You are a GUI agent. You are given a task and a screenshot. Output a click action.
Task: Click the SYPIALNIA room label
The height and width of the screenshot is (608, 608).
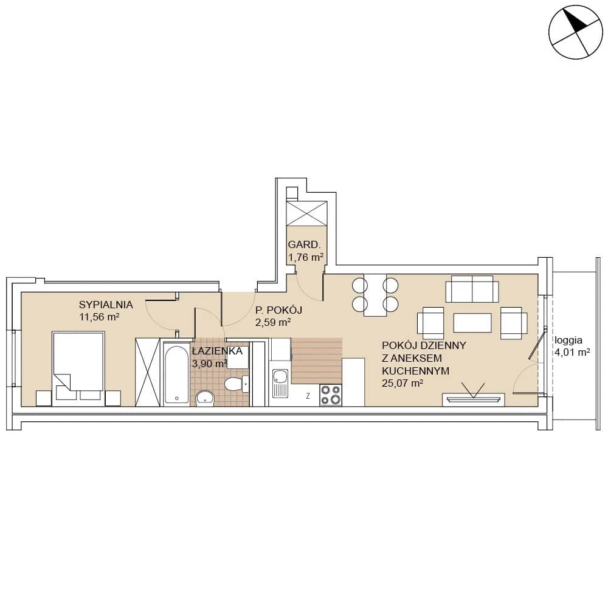106,305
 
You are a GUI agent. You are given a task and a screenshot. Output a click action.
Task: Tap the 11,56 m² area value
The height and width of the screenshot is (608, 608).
99,317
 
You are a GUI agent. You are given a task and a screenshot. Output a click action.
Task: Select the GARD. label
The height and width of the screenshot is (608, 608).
305,244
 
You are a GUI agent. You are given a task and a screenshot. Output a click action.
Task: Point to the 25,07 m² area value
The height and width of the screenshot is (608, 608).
402,384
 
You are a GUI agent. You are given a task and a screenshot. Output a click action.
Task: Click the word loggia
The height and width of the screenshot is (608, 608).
568,340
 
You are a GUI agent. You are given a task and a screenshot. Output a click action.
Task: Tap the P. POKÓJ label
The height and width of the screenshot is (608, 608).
278,310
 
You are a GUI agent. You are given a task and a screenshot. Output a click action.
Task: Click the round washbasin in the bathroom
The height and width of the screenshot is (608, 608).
205,398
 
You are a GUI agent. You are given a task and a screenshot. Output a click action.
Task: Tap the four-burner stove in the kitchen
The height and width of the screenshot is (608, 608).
331,395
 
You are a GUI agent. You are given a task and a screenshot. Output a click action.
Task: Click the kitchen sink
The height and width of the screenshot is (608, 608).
280,383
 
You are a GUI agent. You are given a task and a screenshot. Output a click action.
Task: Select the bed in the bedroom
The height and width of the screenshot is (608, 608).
78,369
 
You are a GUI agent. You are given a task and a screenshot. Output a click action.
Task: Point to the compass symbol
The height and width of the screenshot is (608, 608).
576,32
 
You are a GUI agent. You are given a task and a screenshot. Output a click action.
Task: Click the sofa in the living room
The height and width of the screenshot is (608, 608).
472,289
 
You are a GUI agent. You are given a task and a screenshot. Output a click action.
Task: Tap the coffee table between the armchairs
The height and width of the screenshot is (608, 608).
472,323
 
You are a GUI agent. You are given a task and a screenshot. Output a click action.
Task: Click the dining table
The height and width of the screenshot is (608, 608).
375,295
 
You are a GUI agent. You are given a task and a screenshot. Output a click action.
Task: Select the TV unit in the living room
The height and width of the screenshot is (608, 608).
474,399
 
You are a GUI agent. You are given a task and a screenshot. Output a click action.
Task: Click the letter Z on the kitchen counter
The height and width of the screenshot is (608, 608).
308,396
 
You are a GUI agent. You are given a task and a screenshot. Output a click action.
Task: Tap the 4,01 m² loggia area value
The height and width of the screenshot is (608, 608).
572,353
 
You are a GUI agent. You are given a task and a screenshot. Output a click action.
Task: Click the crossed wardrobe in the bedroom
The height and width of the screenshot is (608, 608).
148,372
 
